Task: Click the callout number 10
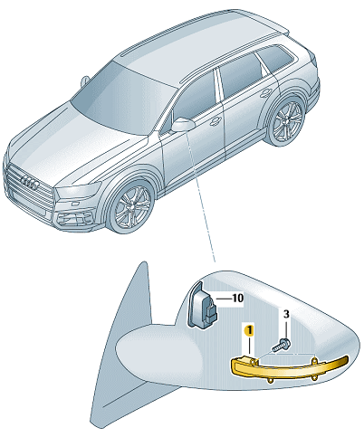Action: tap(238, 298)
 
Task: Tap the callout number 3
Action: tap(286, 314)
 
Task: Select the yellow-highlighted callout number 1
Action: tap(249, 330)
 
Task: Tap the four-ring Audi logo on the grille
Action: tap(29, 182)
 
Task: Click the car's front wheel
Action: tap(132, 206)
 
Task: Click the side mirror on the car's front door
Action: tap(183, 124)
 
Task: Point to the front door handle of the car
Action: tap(216, 120)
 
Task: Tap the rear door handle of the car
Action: tap(265, 92)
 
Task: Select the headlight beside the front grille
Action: tap(79, 192)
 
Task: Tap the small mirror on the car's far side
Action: tap(85, 81)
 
